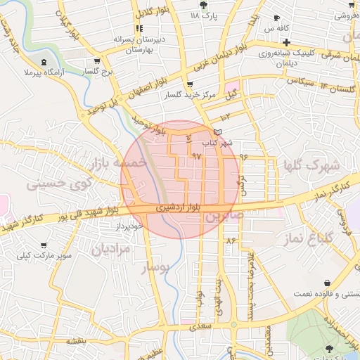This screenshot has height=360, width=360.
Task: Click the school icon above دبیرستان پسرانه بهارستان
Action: point(140,28)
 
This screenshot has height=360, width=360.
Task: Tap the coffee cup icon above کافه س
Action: point(276,18)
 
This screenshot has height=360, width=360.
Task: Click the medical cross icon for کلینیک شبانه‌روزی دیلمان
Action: point(286,42)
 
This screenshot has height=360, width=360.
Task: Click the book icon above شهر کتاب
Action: point(217,132)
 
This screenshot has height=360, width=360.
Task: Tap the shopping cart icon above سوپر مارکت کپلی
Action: point(44,245)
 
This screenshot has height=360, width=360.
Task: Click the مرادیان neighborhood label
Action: point(110,249)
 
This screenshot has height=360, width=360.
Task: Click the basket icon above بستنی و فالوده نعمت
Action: point(327,283)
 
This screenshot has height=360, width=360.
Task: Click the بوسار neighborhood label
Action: point(156,269)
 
